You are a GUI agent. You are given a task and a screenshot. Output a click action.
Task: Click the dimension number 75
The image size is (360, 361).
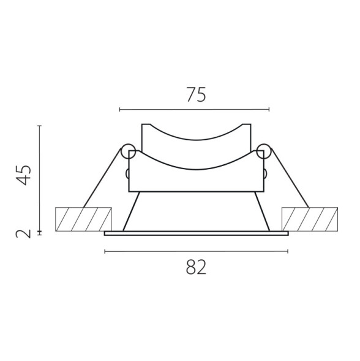click(195, 95)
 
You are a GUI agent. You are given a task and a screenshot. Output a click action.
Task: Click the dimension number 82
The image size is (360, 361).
click(195, 267)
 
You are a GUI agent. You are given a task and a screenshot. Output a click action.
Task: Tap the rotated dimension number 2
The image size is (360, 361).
click(24, 234)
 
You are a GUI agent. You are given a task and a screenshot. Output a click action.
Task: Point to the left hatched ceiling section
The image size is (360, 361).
click(83, 219)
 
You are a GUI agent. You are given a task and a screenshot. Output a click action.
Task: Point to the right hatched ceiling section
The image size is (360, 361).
click(309, 219)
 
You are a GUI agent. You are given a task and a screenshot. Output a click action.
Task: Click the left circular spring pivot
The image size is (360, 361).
click(128, 150)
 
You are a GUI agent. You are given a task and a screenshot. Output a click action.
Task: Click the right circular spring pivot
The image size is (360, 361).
click(264, 150)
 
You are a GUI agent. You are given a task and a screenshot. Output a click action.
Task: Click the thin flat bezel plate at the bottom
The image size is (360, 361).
click(196, 233)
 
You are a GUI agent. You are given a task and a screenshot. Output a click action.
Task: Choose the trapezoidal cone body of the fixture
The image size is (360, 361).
click(196, 211)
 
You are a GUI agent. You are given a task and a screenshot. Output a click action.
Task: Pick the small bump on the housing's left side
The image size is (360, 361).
click(127, 173)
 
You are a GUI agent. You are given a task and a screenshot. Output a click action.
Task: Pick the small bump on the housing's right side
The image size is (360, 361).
click(266, 173)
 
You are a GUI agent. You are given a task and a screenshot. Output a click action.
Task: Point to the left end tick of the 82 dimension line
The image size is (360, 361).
click(105, 251)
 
